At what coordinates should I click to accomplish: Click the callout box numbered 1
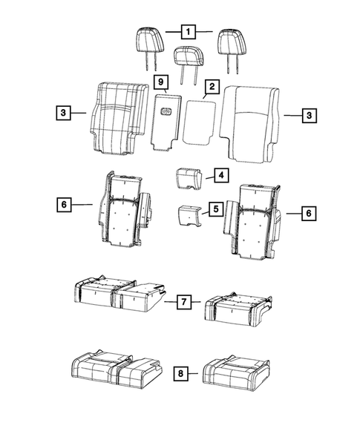(x=189, y=32)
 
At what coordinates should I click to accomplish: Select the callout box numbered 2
(x=212, y=88)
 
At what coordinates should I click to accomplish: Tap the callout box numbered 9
(x=160, y=80)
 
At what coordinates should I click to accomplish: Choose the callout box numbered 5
(x=215, y=210)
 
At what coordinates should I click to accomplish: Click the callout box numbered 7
(x=185, y=302)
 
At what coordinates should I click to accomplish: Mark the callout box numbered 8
(x=180, y=375)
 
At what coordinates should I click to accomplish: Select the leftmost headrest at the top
(x=148, y=39)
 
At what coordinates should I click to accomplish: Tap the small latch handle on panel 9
(x=166, y=113)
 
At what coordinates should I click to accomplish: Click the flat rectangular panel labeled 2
(x=200, y=122)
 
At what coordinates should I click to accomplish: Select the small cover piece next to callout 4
(x=188, y=179)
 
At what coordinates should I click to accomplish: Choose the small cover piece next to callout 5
(x=189, y=216)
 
